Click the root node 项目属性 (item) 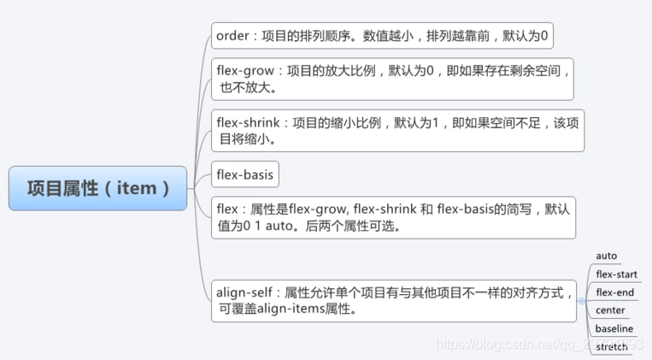(x=97, y=188)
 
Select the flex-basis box (x=244, y=175)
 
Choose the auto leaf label (x=606, y=256)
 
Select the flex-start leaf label (x=616, y=274)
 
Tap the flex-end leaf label (x=614, y=292)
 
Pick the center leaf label (x=610, y=310)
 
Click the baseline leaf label (x=614, y=328)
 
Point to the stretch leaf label (x=612, y=346)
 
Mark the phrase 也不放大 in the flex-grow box (x=248, y=87)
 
